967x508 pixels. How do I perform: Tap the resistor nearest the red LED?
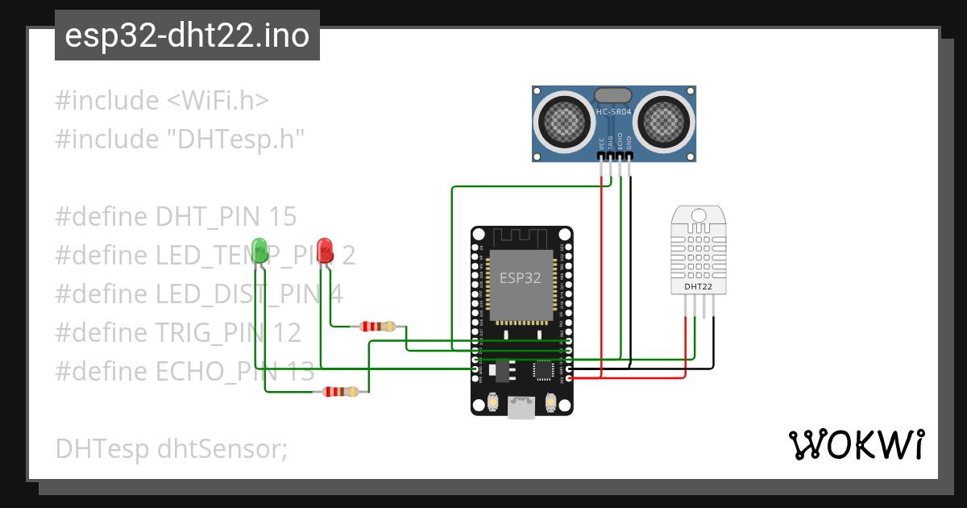pos(377,327)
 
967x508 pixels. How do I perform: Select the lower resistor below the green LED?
pos(341,392)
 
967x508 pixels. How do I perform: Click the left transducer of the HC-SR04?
pos(562,121)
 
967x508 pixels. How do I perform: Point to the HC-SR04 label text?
pos(612,112)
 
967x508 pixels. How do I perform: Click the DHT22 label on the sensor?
pos(698,285)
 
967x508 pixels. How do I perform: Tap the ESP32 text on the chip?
pos(520,278)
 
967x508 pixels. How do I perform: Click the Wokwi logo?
pos(855,444)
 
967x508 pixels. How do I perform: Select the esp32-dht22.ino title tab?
pos(187,36)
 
